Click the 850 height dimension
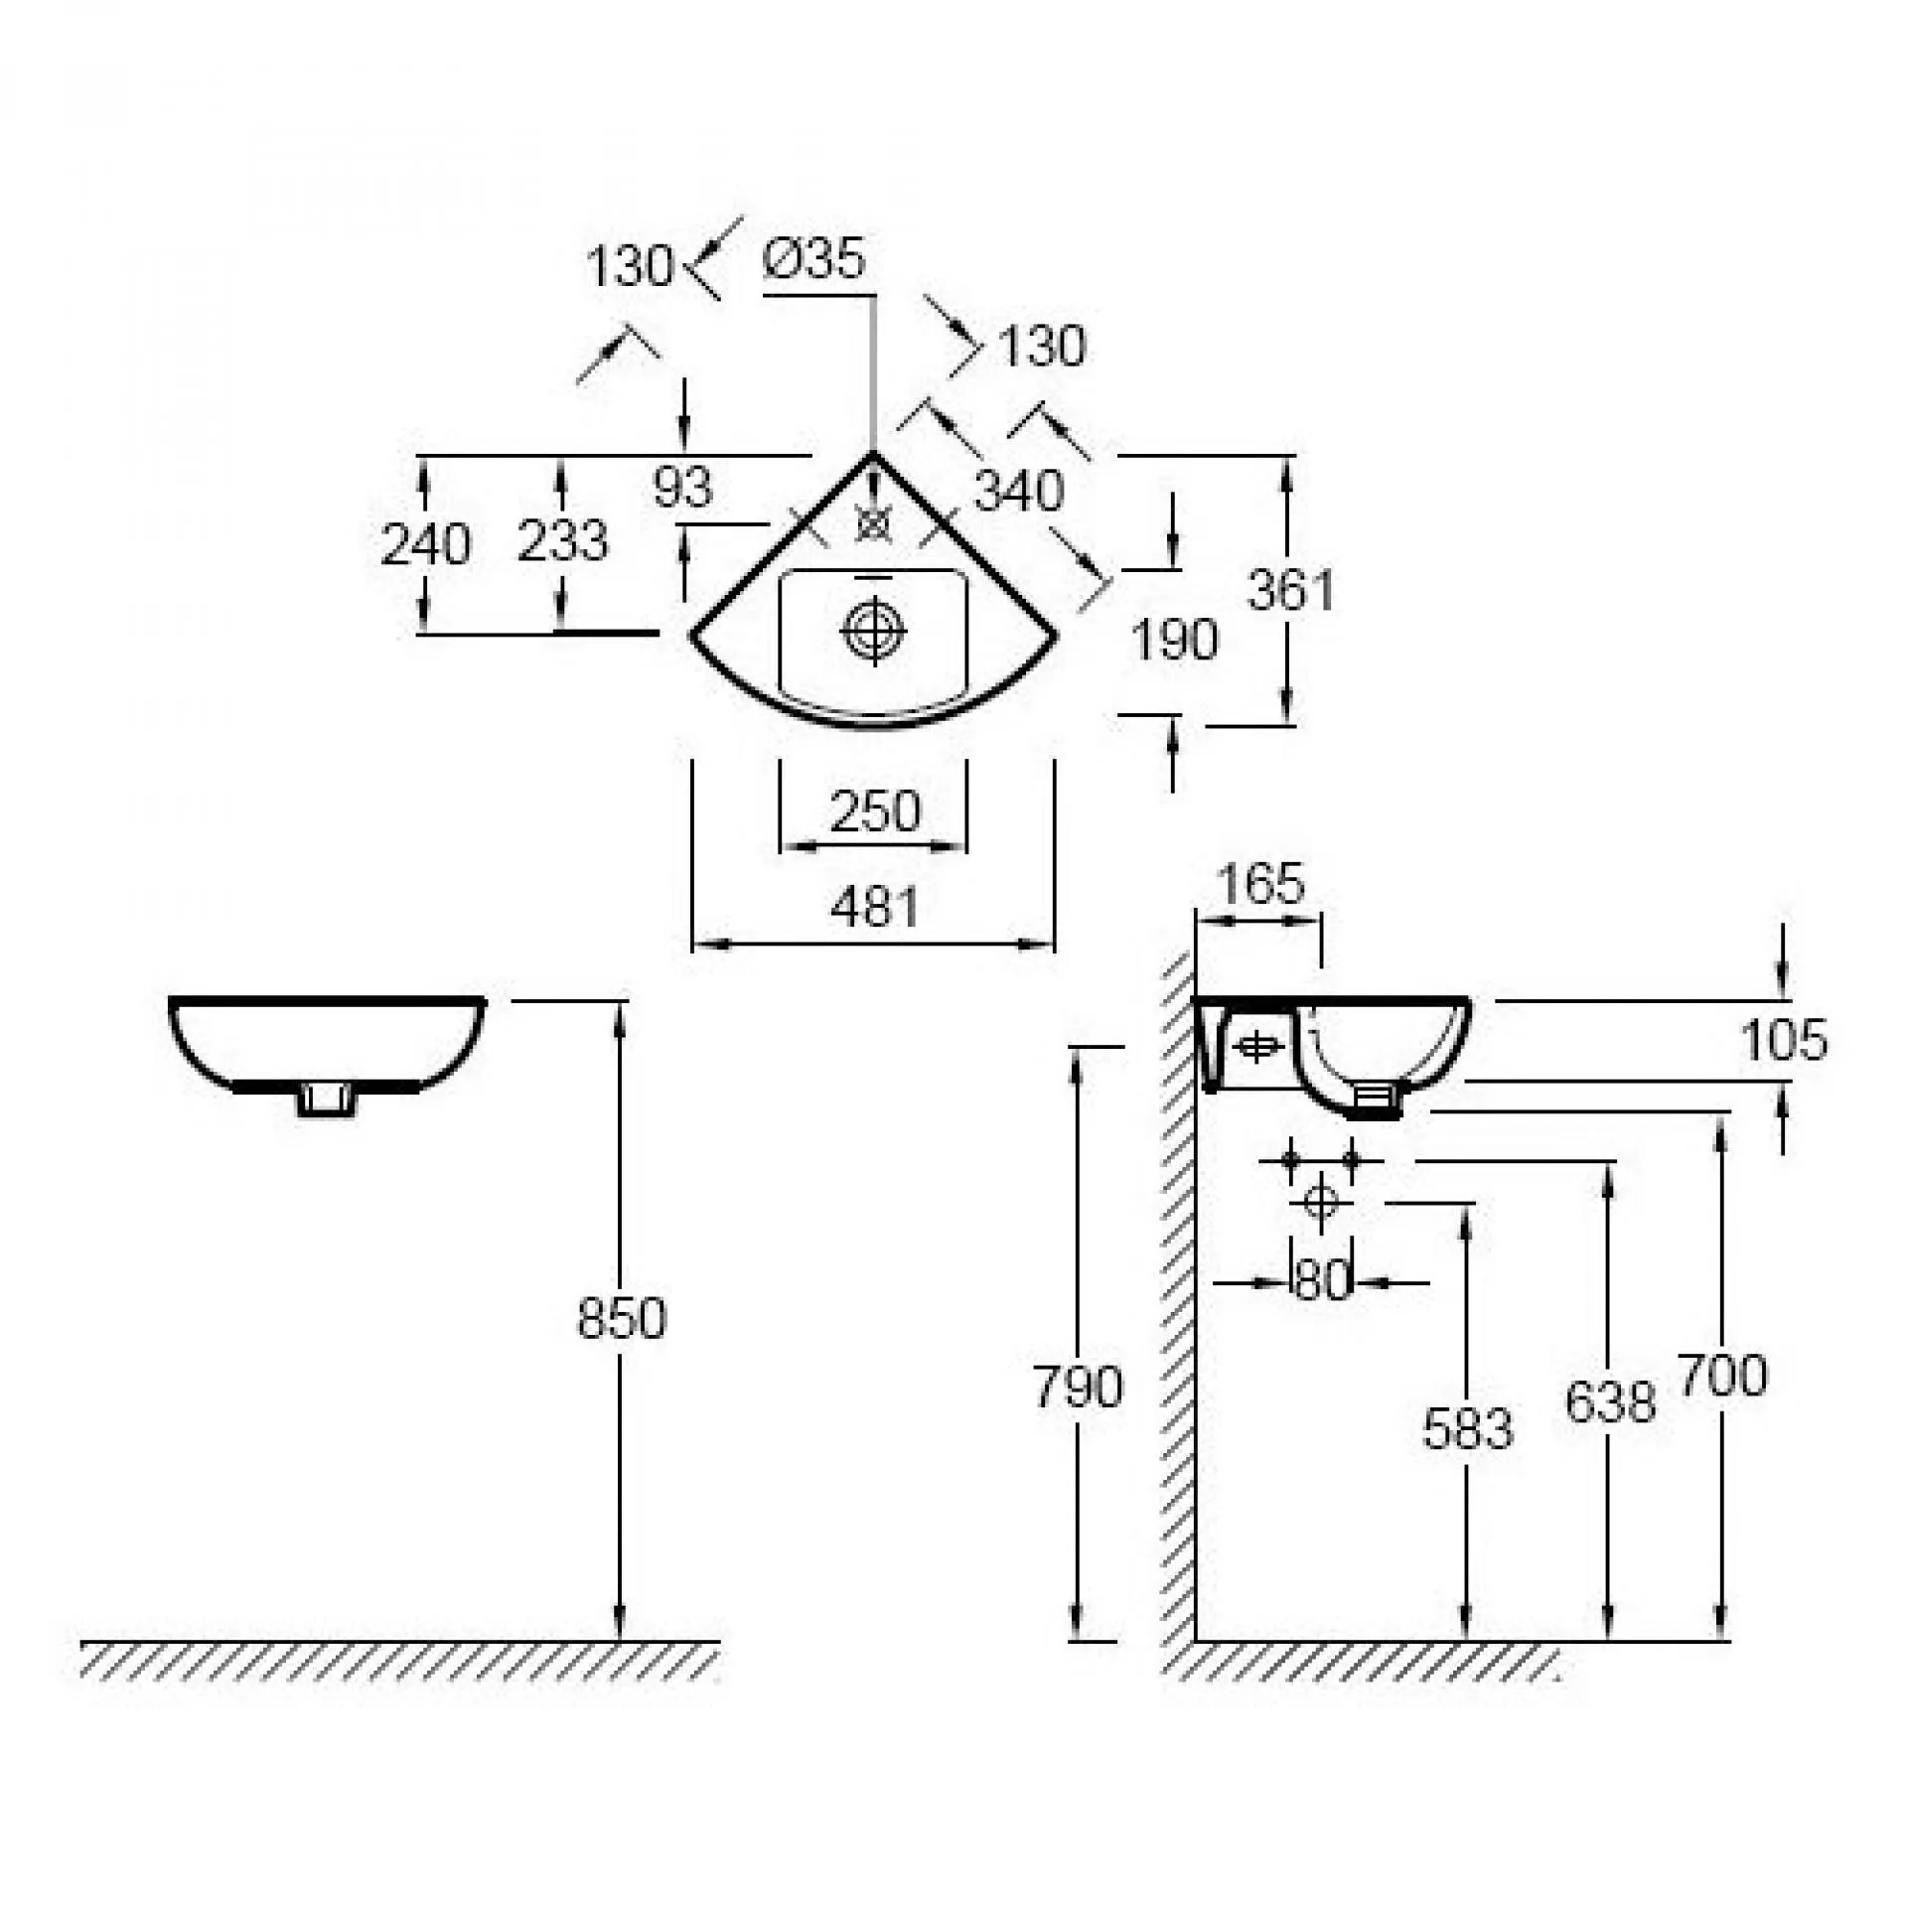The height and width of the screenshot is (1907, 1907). point(621,1319)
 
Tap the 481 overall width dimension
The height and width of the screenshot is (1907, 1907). point(874,907)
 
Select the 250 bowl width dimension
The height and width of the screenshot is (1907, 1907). point(874,811)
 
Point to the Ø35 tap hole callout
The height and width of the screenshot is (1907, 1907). point(814,259)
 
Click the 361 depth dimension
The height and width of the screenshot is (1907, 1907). point(1290,590)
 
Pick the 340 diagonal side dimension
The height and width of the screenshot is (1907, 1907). point(1018,491)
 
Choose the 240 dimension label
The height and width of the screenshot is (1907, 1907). point(425,544)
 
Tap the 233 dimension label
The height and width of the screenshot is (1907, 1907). point(561,541)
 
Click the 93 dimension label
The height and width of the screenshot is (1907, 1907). point(682,487)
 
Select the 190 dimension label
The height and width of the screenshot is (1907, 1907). point(1174,640)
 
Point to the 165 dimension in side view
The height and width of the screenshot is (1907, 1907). point(1259,883)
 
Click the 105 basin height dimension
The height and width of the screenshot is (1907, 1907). point(1783,1041)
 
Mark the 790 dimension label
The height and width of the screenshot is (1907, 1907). point(1078,1387)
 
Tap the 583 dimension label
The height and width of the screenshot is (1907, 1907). point(1467,1429)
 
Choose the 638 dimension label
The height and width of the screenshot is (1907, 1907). point(1610,1401)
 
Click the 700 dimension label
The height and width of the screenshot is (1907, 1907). point(1722,1376)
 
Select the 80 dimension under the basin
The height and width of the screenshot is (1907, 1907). point(1322,1281)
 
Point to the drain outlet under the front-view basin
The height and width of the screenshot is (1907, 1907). point(327,1099)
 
